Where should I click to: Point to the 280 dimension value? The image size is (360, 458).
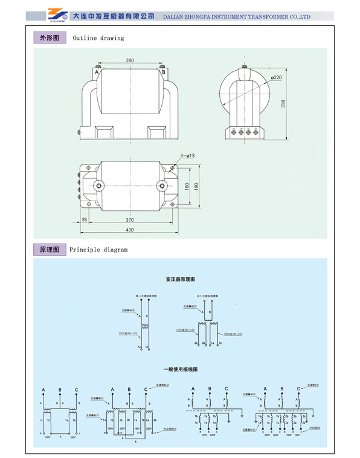(130, 60)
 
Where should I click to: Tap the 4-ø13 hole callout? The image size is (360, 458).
(188, 156)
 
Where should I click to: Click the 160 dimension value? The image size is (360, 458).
(188, 185)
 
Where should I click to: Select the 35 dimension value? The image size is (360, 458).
(84, 220)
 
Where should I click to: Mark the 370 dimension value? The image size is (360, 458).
(130, 220)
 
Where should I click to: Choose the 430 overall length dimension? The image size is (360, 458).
(130, 230)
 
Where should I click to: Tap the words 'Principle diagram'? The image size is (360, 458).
(99, 249)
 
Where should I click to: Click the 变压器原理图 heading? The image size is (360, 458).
(181, 280)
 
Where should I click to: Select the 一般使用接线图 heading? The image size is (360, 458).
(181, 369)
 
